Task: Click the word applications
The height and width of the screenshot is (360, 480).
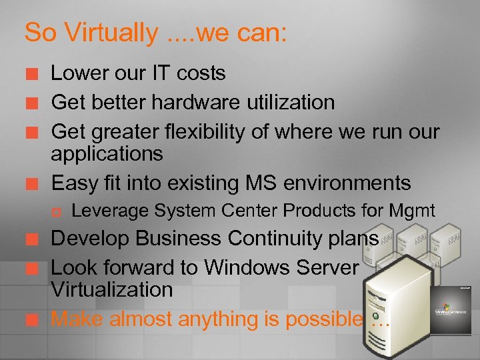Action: point(107,154)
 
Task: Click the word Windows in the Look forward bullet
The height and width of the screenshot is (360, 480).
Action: point(249,267)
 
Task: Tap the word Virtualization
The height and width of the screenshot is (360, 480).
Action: point(112,290)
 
